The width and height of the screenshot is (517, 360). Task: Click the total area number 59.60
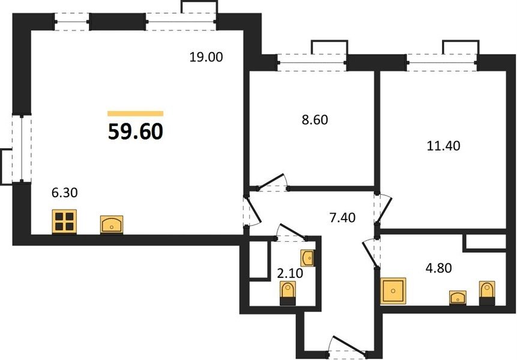point(136,131)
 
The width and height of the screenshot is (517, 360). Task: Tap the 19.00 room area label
point(206,57)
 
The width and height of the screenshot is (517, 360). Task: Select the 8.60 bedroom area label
point(315,120)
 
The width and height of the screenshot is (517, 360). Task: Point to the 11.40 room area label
point(443,145)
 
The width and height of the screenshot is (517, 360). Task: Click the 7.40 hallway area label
point(343,218)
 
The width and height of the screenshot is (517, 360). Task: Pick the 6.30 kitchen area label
point(65,193)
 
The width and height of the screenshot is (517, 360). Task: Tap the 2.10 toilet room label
point(290,273)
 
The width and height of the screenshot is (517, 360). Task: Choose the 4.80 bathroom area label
point(438,268)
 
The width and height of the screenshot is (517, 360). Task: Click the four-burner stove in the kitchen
point(64,221)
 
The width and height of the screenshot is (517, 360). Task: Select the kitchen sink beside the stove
point(112,225)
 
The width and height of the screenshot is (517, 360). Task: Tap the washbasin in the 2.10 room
point(307,258)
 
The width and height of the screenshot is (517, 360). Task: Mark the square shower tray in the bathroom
point(393,291)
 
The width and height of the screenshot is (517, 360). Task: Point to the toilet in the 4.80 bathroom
point(487,293)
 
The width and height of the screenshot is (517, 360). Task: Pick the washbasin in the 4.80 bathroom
point(458,298)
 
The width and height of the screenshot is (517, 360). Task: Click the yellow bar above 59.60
point(136,113)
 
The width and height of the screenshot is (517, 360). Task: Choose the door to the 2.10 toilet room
point(291,232)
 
